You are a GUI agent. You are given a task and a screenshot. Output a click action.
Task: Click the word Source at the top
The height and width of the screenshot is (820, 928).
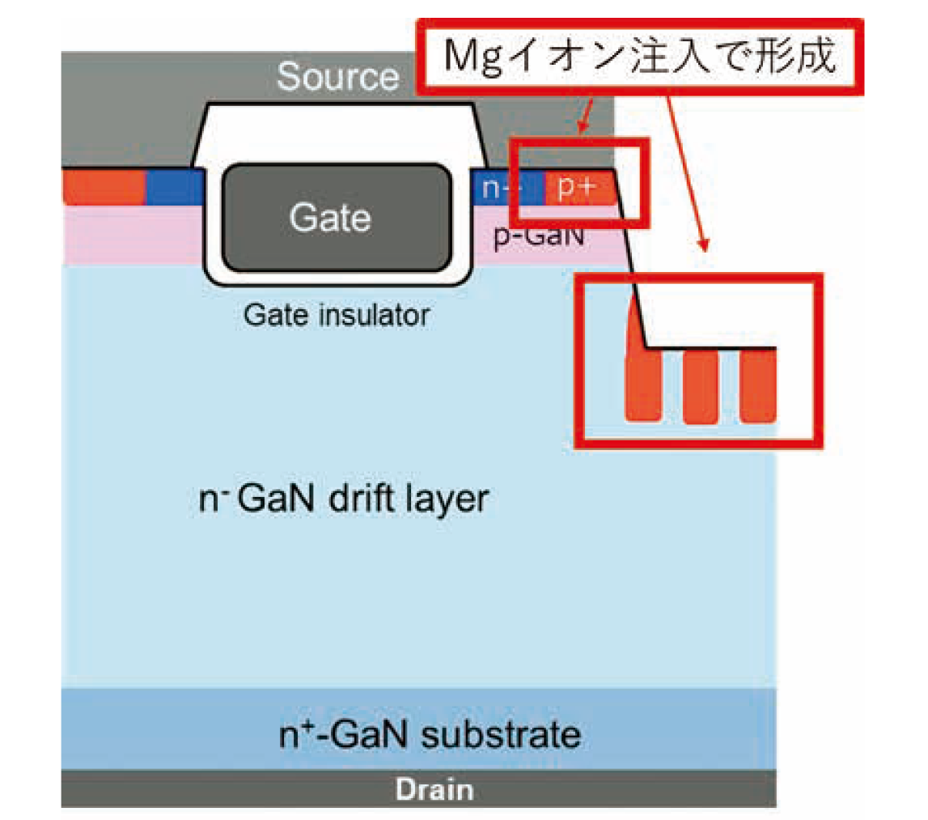click(337, 77)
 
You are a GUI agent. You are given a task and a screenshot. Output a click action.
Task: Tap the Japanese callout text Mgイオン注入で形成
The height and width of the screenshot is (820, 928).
click(638, 59)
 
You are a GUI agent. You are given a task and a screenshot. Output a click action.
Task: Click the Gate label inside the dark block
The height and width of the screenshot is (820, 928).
click(330, 217)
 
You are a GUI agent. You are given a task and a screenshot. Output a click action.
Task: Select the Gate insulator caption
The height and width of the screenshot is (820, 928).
click(336, 315)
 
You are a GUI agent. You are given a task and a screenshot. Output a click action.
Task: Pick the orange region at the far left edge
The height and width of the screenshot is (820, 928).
click(103, 187)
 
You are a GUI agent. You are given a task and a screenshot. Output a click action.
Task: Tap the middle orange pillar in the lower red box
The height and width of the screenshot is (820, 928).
click(700, 386)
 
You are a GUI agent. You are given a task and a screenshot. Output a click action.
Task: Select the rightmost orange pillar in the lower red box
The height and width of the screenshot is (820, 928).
click(758, 386)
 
